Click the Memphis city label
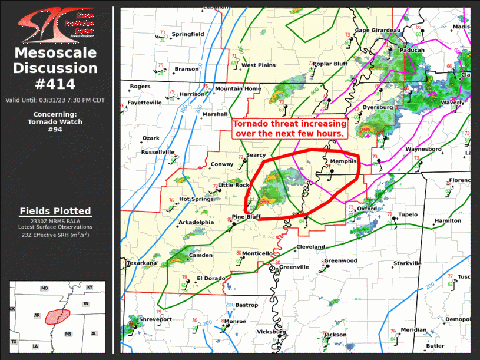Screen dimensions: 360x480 343,161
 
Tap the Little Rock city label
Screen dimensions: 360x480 234,185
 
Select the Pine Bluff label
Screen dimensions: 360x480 246,217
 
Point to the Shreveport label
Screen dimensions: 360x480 155,319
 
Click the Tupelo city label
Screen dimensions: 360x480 408,214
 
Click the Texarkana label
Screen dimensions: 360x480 142,263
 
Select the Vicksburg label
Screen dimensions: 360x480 272,332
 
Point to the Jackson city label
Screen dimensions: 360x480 335,335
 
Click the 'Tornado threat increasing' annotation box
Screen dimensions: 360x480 289,129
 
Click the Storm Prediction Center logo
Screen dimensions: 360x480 56,24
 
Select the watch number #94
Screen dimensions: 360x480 55,130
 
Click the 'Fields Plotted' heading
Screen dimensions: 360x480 55,211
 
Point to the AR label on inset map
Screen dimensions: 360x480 37,316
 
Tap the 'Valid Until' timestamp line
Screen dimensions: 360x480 55,100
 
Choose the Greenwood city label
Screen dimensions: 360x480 340,260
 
